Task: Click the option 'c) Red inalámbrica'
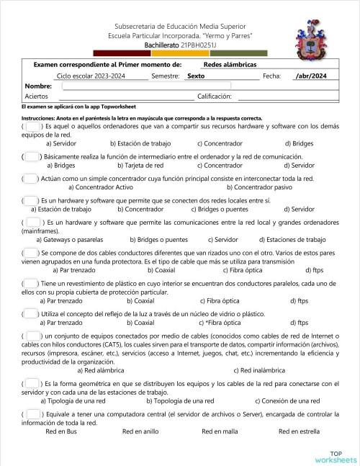(260, 370)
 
